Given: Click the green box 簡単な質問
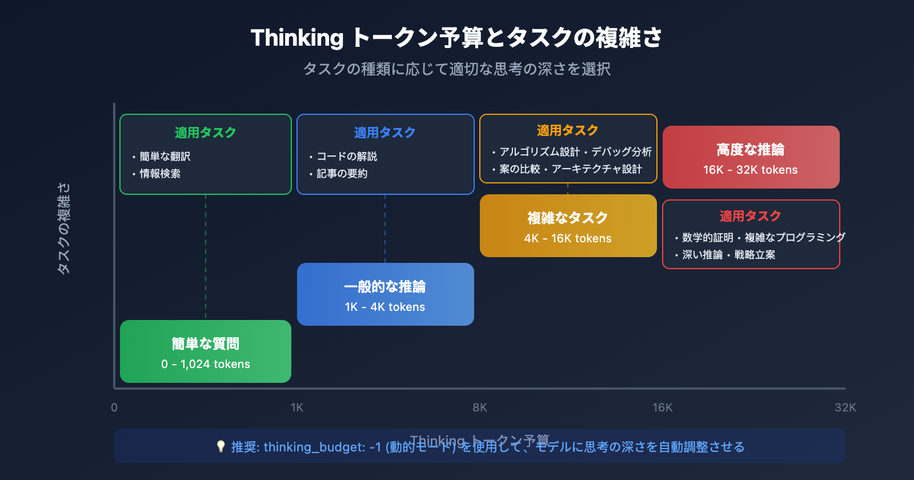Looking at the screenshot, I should (x=206, y=351).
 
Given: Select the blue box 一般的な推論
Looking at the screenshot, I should (x=386, y=294).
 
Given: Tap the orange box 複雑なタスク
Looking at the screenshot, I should (x=568, y=226).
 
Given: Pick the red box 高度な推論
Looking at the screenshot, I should (x=751, y=157).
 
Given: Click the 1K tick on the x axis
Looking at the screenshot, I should (x=297, y=407).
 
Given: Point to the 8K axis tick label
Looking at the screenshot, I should (x=480, y=407).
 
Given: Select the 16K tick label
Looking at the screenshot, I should (x=663, y=407).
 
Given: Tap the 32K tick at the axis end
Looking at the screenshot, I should (x=845, y=407).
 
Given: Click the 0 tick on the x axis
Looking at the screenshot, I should (x=114, y=407).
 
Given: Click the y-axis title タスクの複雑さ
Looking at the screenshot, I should (x=63, y=229).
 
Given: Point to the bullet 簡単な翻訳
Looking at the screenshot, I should (x=165, y=156).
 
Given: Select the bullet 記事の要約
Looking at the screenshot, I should (x=342, y=173).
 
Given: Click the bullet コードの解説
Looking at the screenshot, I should (x=347, y=156).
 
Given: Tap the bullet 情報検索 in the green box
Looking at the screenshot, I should (x=160, y=173).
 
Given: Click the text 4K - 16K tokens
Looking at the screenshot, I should (x=568, y=238).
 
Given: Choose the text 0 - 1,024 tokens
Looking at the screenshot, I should (x=206, y=364).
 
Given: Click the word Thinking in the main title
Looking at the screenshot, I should (x=297, y=38).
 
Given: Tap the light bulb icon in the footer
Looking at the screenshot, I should (x=221, y=446).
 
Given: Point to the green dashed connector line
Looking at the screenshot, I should (x=206, y=257).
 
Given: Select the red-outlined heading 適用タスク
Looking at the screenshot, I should (x=750, y=216).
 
